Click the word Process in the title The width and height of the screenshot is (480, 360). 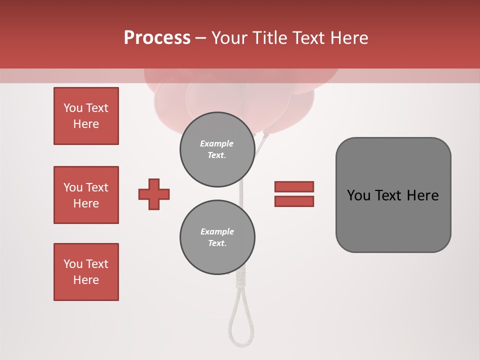[x=157, y=38]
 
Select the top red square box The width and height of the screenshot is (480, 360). [x=86, y=116]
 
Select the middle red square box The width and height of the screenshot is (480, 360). [x=86, y=195]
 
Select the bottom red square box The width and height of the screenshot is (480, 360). [x=86, y=272]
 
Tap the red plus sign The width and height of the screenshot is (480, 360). [x=154, y=194]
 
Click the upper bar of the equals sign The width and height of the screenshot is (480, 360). [x=294, y=186]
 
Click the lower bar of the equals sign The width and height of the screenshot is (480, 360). [x=294, y=201]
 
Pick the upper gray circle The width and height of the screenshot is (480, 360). [x=217, y=149]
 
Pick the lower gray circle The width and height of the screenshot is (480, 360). [x=217, y=237]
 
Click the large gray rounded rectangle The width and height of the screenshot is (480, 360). [x=393, y=195]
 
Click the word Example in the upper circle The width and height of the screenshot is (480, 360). [x=217, y=143]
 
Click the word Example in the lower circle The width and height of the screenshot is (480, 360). [x=217, y=231]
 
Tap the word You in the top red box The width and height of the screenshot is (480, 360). [x=72, y=108]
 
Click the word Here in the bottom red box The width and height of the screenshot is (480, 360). [x=86, y=280]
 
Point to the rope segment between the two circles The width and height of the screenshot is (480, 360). [x=241, y=194]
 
